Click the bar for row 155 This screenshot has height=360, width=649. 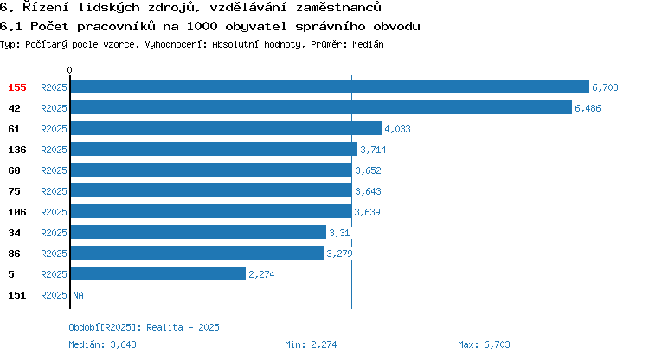click(x=330, y=87)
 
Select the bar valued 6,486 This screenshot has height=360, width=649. click(x=321, y=107)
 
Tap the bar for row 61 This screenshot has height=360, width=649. click(x=226, y=128)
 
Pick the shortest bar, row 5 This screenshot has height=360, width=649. click(x=158, y=273)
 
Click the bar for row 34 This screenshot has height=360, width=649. click(x=198, y=232)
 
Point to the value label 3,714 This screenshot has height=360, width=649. click(x=373, y=150)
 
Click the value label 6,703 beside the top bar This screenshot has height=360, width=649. click(x=605, y=87)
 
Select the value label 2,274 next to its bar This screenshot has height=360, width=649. click(x=261, y=274)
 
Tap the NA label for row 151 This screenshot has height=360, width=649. click(x=78, y=295)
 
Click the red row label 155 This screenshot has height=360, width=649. click(x=17, y=87)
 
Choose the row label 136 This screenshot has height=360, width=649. click(x=17, y=150)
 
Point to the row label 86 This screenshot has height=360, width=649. click(x=14, y=254)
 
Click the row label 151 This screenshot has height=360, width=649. click(x=17, y=295)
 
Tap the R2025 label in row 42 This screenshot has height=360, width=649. click(x=54, y=108)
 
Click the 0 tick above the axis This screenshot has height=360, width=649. click(x=69, y=70)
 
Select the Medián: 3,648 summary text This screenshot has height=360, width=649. click(x=102, y=344)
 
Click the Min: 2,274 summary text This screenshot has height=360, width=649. click(x=311, y=344)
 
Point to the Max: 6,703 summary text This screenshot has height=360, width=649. click(x=484, y=344)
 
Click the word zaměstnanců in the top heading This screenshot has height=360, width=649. click(x=338, y=7)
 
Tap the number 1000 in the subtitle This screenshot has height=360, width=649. click(x=202, y=26)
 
